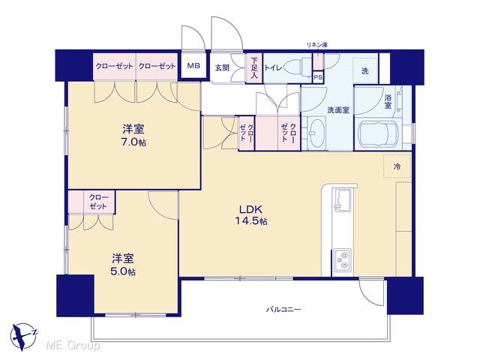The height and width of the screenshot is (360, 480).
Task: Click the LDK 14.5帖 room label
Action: click(250, 215)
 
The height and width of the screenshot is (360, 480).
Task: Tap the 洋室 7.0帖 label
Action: click(133, 135)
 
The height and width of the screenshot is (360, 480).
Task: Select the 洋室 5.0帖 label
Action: click(123, 265)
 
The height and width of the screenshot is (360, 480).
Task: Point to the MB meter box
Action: click(193, 65)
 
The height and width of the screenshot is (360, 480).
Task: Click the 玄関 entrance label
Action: click(222, 67)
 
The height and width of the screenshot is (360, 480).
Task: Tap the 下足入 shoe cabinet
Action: click(254, 68)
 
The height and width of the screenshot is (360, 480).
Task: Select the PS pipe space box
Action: click(318, 77)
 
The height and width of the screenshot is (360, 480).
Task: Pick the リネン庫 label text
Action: click(317, 45)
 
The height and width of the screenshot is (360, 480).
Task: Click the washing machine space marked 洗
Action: click(365, 70)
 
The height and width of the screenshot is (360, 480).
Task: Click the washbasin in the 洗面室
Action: click(316, 133)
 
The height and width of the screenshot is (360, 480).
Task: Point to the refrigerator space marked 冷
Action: click(397, 166)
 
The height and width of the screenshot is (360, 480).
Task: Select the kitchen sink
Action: click(343, 200)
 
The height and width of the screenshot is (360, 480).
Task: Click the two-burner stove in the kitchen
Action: click(343, 260)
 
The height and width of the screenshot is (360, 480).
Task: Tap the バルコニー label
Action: click(283, 310)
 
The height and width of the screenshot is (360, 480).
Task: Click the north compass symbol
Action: click(23, 337)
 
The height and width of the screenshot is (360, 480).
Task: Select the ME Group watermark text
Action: click(73, 346)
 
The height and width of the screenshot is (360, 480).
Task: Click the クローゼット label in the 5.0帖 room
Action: click(98, 202)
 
